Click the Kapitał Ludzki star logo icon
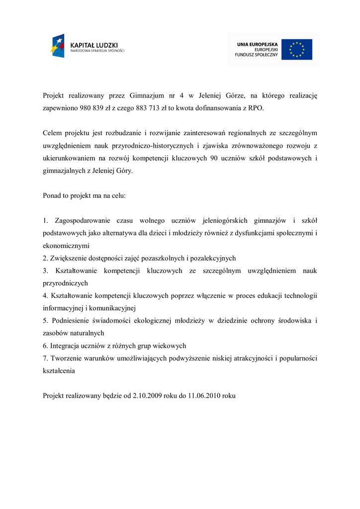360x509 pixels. [57, 46]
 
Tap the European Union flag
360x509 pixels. [297, 49]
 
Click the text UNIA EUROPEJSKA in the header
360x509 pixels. [258, 44]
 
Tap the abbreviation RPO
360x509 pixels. [255, 107]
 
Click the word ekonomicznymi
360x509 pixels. [66, 246]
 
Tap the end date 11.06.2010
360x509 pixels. [204, 396]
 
